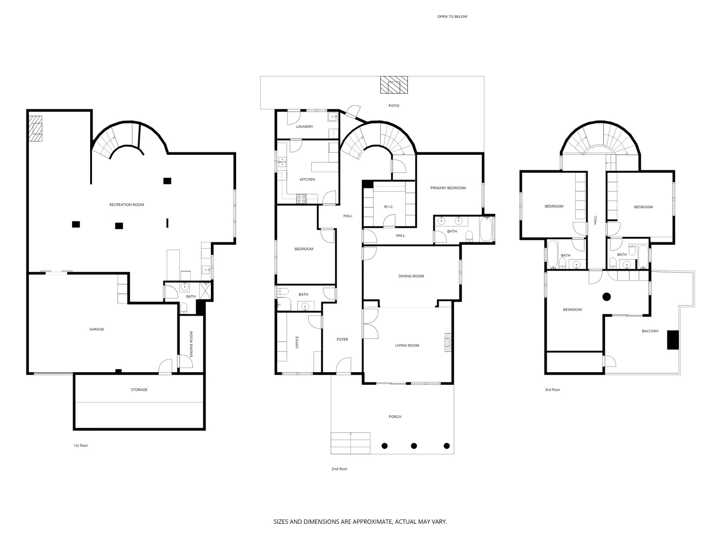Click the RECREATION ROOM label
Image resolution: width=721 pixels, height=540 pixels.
click(x=127, y=205)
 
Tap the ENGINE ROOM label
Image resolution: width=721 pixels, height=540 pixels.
click(x=192, y=344)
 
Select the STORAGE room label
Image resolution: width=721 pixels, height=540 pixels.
click(x=139, y=390)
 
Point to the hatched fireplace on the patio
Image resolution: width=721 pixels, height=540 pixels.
click(x=394, y=85)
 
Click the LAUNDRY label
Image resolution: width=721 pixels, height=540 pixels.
click(x=305, y=126)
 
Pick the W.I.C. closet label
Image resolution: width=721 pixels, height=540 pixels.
click(x=389, y=207)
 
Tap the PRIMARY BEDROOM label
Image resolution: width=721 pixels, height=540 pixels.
click(x=448, y=188)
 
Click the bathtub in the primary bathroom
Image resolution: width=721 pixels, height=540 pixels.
click(x=487, y=229)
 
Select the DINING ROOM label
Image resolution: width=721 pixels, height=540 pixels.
click(x=411, y=276)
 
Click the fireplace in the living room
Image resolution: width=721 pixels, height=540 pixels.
click(x=448, y=342)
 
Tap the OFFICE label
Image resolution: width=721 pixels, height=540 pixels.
click(x=297, y=342)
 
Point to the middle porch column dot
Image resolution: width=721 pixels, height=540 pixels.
click(x=414, y=446)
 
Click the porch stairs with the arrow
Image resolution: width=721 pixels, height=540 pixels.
click(x=351, y=443)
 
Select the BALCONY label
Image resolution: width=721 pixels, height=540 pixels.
click(x=650, y=331)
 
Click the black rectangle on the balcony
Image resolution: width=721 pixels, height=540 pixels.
click(x=673, y=340)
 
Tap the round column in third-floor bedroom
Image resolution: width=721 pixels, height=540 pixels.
click(x=607, y=297)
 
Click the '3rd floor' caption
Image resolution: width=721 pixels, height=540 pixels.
click(x=552, y=390)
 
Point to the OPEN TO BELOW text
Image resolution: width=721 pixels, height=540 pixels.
click(x=452, y=17)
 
